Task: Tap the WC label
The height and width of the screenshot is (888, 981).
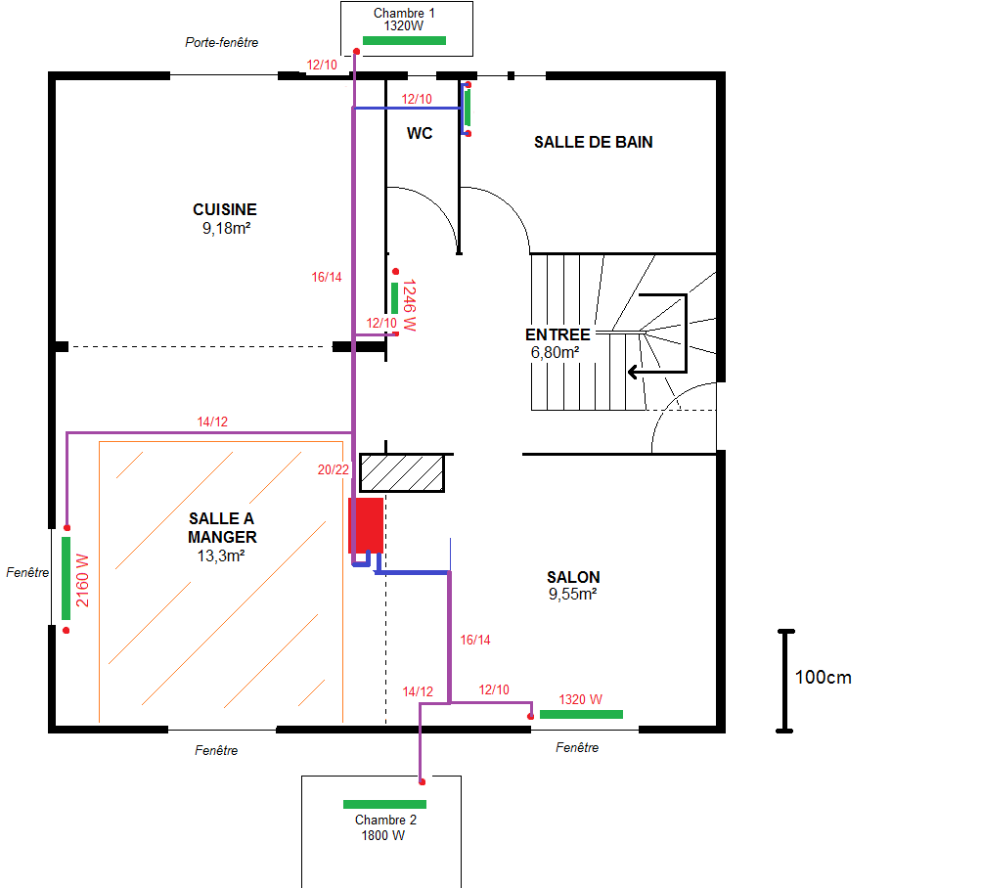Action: [x=420, y=133]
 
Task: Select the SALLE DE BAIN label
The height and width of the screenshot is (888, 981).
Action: [x=593, y=142]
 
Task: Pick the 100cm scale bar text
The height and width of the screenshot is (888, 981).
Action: [x=823, y=677]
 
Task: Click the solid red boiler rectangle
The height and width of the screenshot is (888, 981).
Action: [x=366, y=526]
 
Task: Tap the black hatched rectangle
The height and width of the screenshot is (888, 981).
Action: [x=402, y=473]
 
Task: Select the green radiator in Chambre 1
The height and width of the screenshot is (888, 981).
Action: [x=404, y=41]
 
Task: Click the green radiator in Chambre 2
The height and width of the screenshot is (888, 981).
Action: [x=384, y=804]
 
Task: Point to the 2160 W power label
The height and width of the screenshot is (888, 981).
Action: [x=82, y=581]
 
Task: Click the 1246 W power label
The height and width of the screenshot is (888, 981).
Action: [x=409, y=305]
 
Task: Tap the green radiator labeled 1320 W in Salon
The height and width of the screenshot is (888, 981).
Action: [x=581, y=715]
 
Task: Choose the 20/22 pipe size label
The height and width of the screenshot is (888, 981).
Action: [x=333, y=470]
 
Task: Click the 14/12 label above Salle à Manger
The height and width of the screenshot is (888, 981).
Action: [x=212, y=422]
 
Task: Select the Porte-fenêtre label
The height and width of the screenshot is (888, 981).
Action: [x=221, y=43]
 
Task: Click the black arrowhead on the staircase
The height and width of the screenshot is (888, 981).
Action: [x=633, y=373]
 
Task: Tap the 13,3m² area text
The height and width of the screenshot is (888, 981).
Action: [x=221, y=555]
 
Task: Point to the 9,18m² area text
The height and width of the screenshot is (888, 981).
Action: [x=226, y=229]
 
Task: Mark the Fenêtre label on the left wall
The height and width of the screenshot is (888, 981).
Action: [x=27, y=572]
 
